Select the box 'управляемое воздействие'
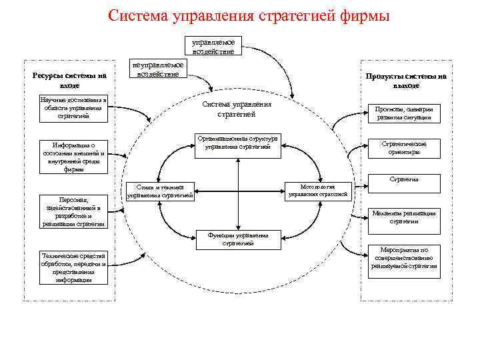point(213,46)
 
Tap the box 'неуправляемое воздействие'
point(157,69)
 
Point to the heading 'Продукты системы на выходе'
point(406,81)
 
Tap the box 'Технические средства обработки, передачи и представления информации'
point(73,267)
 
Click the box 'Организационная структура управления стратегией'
point(238,143)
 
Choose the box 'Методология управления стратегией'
point(317,191)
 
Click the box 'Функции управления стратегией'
point(238,239)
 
